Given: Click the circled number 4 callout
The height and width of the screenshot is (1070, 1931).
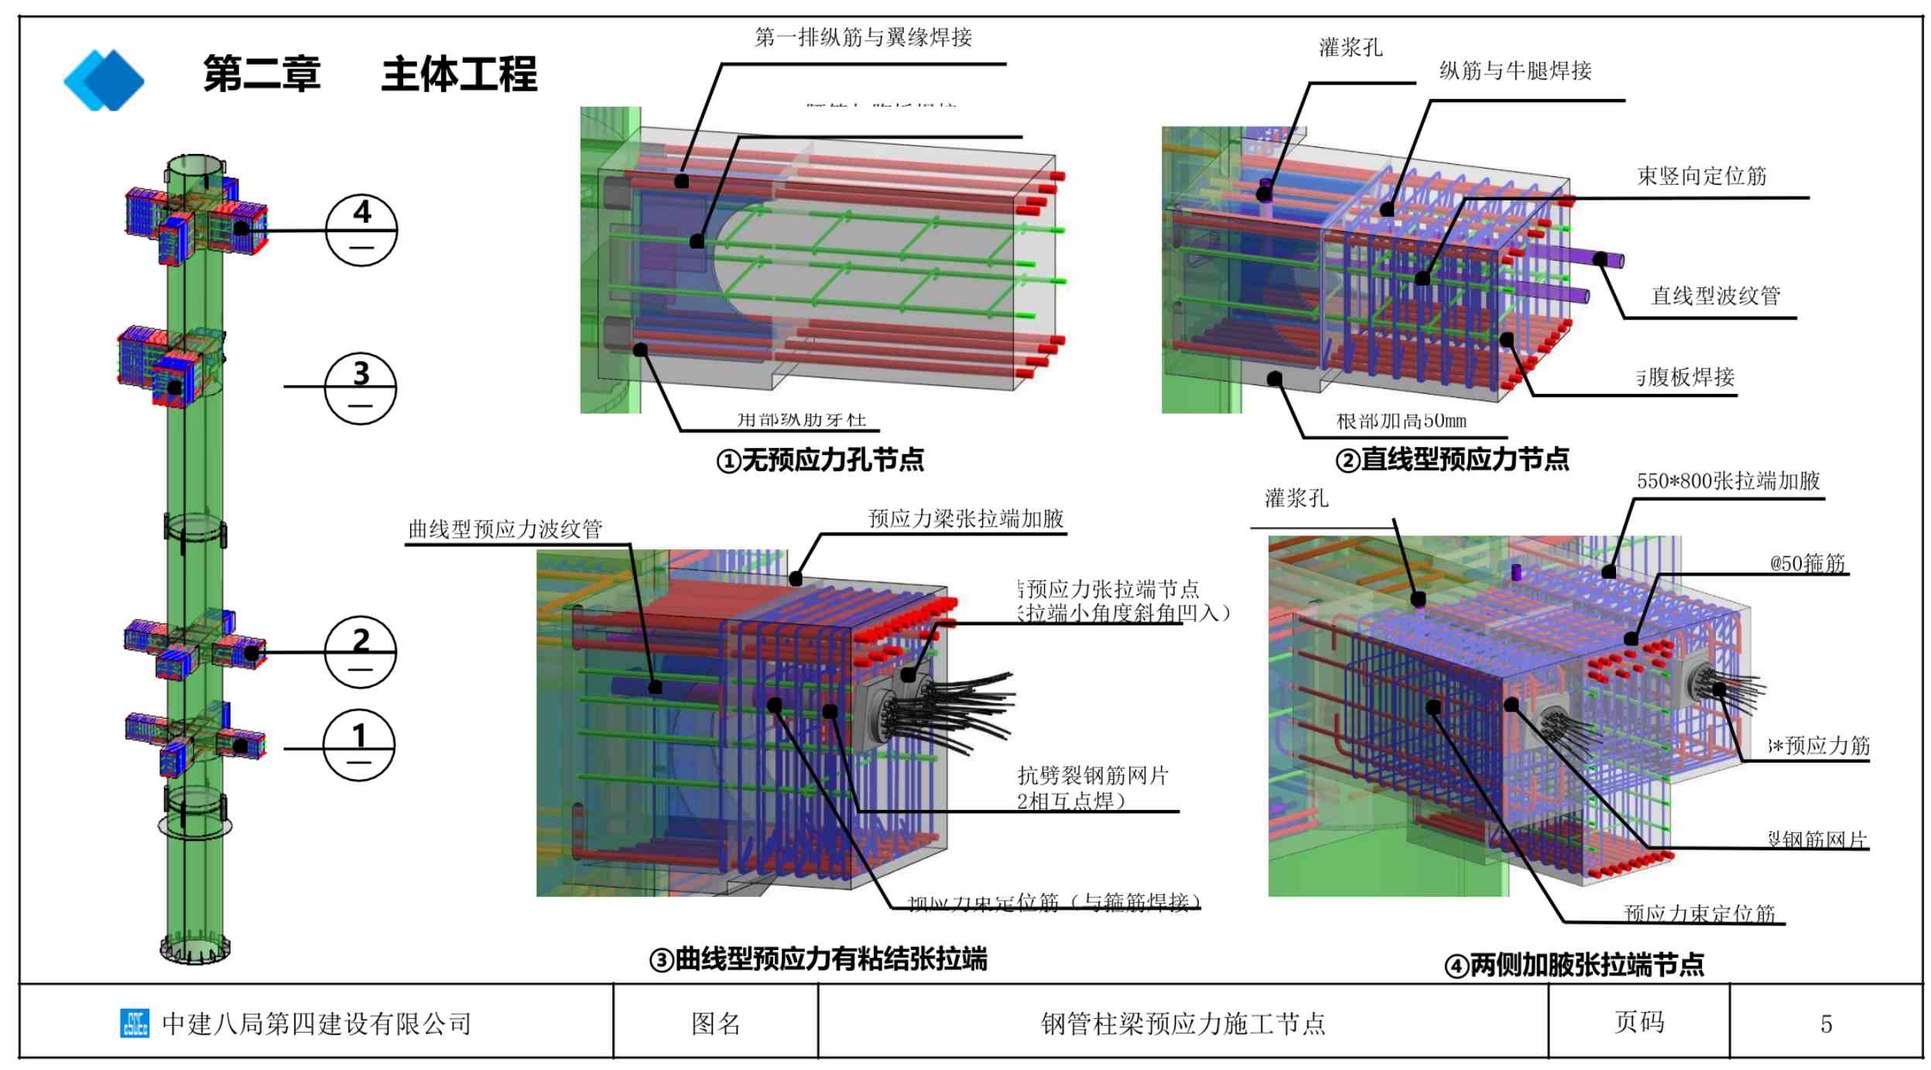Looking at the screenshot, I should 361,230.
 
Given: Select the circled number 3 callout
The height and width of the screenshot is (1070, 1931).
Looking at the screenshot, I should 360,388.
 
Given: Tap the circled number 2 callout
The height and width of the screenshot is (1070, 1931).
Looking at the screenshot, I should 360,651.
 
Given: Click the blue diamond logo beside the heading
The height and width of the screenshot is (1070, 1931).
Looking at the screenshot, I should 104,80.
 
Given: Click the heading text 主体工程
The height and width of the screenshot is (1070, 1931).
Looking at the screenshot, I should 459,74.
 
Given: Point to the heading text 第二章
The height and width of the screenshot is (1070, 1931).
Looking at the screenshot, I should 262,74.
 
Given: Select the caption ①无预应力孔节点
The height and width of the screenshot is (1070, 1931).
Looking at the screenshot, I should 820,460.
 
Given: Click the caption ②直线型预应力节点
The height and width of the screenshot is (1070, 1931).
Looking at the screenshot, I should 1452,460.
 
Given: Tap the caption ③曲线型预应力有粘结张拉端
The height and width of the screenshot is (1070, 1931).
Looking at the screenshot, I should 818,959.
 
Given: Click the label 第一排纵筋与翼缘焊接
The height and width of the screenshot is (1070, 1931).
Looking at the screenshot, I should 863,37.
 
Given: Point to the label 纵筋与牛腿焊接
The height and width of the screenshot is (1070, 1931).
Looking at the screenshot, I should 1515,71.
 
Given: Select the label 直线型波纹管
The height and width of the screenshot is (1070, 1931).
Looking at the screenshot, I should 1715,296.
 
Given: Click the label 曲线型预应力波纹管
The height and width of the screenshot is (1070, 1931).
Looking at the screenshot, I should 505,529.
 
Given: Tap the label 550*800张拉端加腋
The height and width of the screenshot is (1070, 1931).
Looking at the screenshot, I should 1727,481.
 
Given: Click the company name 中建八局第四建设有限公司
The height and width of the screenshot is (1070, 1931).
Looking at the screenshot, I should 316,1024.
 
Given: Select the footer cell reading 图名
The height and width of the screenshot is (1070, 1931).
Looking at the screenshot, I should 715,1024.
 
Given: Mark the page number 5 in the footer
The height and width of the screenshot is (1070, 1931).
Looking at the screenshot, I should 1826,1024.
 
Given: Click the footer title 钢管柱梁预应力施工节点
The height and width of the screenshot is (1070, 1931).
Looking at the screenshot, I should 1183,1024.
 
